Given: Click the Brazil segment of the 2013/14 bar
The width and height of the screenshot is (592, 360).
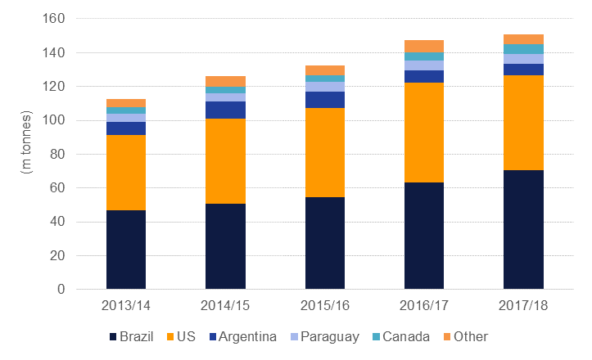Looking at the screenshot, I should pos(126,250).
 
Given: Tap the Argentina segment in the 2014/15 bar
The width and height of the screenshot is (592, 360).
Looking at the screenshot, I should pos(225,110).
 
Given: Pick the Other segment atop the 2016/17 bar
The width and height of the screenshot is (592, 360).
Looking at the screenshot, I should pos(424,46).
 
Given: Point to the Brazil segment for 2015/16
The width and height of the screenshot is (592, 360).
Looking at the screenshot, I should pos(324,243).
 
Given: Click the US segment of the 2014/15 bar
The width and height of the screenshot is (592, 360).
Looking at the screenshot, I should pos(225,161).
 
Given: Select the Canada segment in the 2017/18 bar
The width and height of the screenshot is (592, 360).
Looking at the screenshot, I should pos(523,48).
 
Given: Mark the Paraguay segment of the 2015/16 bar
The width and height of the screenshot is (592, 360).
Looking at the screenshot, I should pos(324,86).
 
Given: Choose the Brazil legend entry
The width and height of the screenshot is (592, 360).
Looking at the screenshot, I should pos(130,336).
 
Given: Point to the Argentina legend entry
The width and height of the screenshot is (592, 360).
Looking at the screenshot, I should pos(241,336).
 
